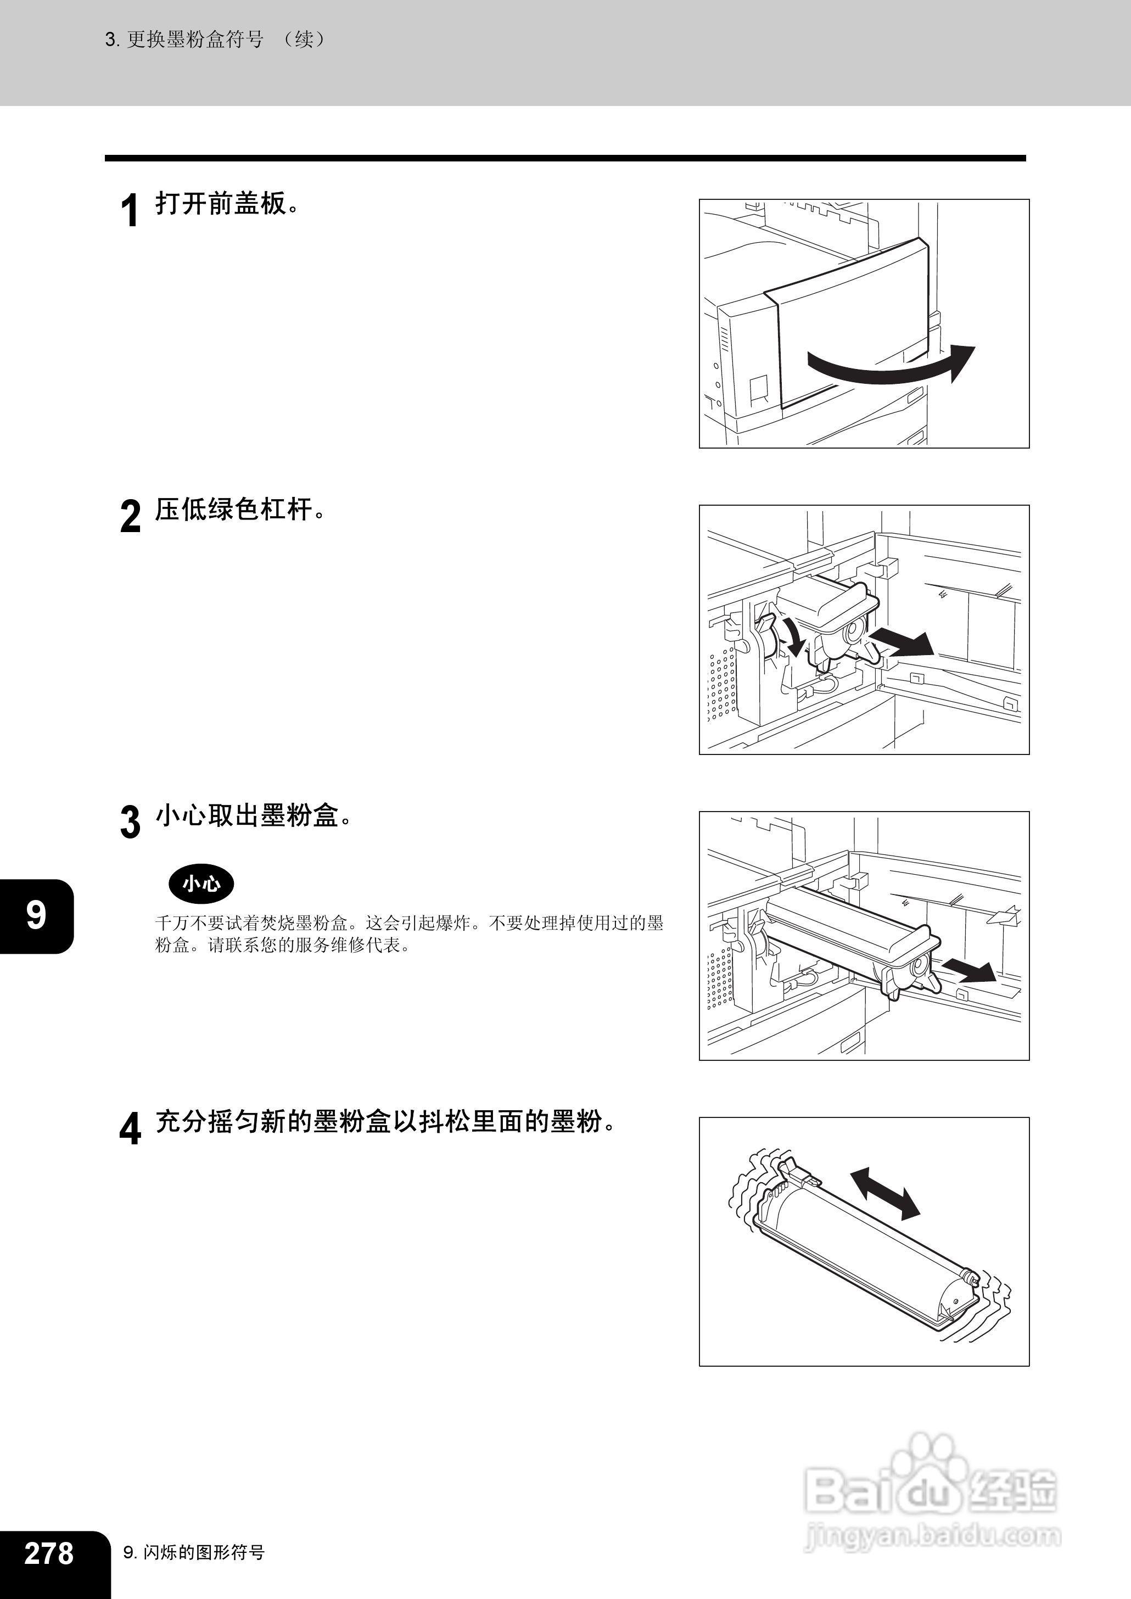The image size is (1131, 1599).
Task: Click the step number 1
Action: (130, 210)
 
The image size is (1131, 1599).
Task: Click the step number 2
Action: (130, 516)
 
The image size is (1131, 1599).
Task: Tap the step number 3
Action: (130, 823)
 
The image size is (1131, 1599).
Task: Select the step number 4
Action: (130, 1129)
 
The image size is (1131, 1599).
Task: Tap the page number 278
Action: (49, 1552)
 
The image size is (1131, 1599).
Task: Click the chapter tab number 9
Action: (36, 916)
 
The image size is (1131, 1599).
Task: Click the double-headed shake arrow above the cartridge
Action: (885, 1194)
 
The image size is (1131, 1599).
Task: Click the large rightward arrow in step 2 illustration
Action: (903, 641)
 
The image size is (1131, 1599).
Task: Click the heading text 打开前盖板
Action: (221, 204)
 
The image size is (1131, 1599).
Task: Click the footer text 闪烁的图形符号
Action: (204, 1552)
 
